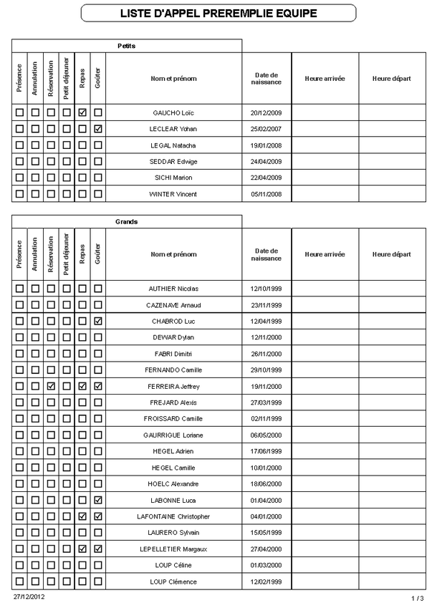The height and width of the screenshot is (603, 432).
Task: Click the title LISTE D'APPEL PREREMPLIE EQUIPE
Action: pyautogui.click(x=218, y=14)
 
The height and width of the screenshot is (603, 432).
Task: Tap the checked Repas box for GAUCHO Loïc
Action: pyautogui.click(x=82, y=112)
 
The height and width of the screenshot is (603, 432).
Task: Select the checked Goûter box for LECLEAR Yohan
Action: pyautogui.click(x=98, y=129)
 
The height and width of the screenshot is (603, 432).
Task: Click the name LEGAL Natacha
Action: pyautogui.click(x=174, y=145)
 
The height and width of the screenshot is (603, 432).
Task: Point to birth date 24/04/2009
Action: pyautogui.click(x=266, y=161)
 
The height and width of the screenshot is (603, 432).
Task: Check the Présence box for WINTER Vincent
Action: pyautogui.click(x=19, y=194)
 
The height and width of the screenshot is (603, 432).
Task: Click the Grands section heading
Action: pyautogui.click(x=127, y=221)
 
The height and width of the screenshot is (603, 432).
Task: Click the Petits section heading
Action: pyautogui.click(x=127, y=46)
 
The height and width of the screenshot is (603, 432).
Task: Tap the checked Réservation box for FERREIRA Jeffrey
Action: pyautogui.click(x=51, y=386)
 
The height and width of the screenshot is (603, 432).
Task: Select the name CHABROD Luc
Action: pyautogui.click(x=174, y=321)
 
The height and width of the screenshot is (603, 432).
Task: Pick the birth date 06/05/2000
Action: pyautogui.click(x=266, y=435)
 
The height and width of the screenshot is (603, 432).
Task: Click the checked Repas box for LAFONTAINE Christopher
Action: pyautogui.click(x=82, y=516)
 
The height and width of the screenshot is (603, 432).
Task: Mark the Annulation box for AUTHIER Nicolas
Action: pyautogui.click(x=35, y=289)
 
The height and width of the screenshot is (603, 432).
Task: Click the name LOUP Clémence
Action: pyautogui.click(x=174, y=582)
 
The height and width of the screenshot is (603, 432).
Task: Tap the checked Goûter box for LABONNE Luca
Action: pyautogui.click(x=98, y=500)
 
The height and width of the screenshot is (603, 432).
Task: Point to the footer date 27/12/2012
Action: pyautogui.click(x=28, y=596)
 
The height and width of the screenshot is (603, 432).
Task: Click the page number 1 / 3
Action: pyautogui.click(x=417, y=597)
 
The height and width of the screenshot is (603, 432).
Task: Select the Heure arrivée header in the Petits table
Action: pyautogui.click(x=325, y=78)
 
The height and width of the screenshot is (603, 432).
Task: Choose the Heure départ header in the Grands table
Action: pyautogui.click(x=391, y=254)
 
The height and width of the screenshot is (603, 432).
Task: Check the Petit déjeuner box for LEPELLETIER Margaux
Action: pyautogui.click(x=67, y=549)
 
